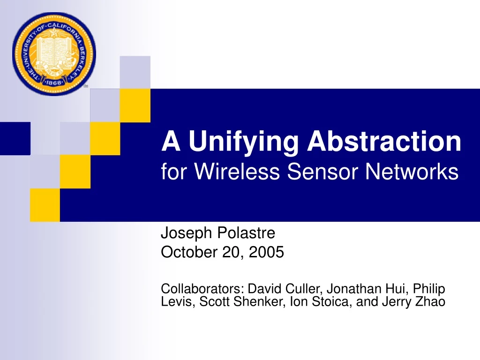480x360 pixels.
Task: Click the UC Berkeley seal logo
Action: pyautogui.click(x=53, y=54)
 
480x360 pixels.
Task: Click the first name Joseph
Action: pyautogui.click(x=186, y=232)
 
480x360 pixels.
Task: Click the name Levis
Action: pyautogui.click(x=174, y=302)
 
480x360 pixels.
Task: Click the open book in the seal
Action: pyautogui.click(x=53, y=51)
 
